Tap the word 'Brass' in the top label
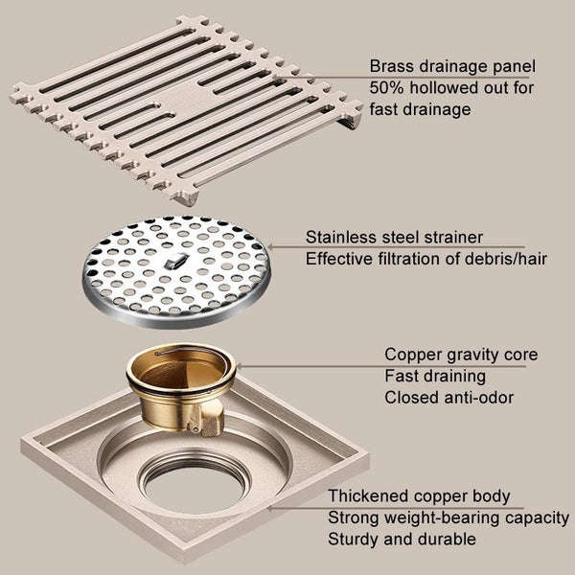click(x=391, y=66)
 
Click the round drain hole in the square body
click(x=194, y=484)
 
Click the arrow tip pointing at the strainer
click(x=269, y=247)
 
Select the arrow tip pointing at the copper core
click(x=239, y=366)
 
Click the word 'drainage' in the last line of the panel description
click(x=434, y=110)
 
